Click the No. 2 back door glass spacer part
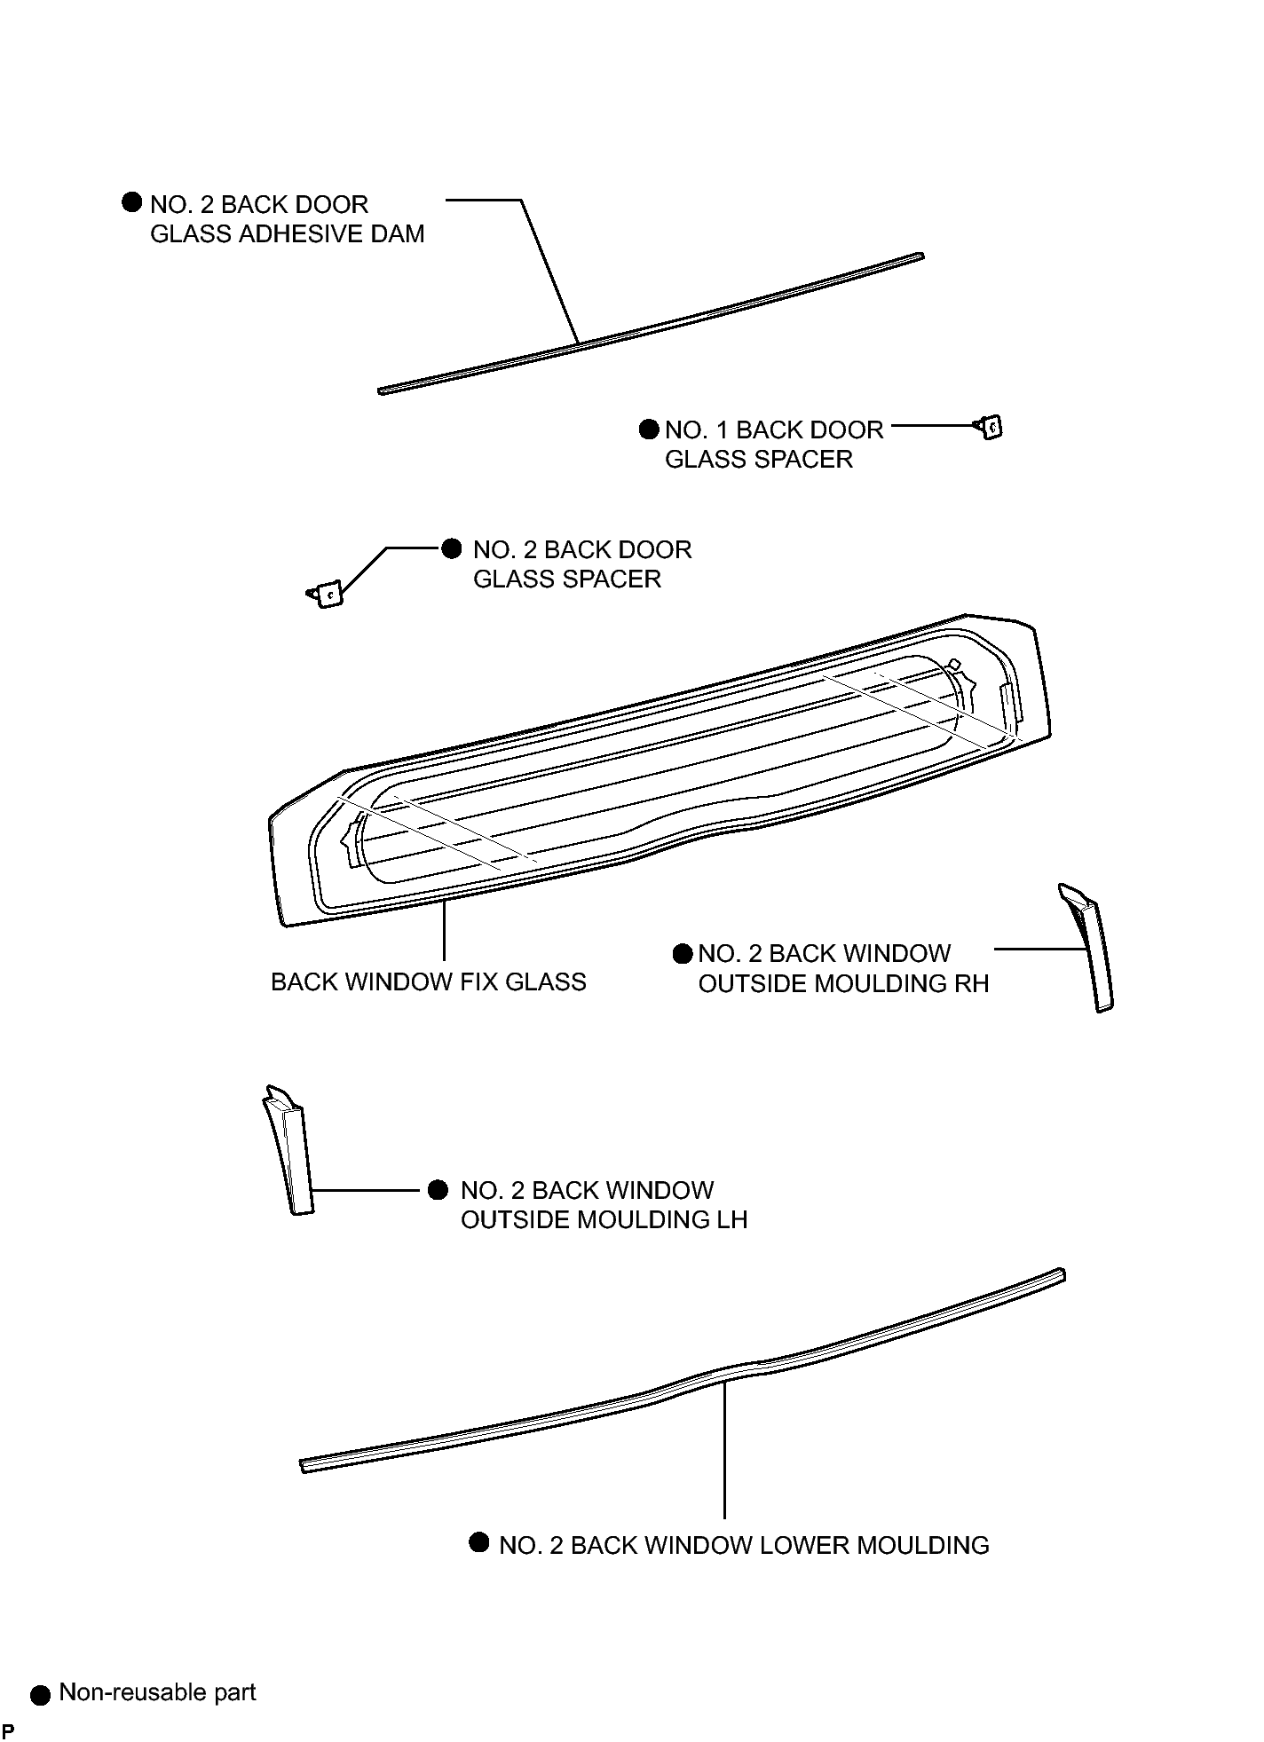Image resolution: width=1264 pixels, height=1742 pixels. point(326,594)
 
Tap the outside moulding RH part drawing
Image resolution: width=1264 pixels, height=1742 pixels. point(1088,947)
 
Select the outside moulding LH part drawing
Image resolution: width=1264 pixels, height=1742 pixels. point(288,1149)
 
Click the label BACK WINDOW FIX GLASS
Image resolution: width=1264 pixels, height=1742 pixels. point(428,982)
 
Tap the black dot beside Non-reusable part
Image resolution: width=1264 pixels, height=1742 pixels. point(40,1696)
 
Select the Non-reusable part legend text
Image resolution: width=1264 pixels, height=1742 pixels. point(157,1692)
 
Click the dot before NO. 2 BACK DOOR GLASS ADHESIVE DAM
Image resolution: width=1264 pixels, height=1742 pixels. point(131,202)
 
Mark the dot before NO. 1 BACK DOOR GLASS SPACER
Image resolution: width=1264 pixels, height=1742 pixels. point(649,430)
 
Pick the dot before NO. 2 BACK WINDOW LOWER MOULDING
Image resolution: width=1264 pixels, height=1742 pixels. point(479,1542)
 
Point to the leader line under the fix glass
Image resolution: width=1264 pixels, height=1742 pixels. point(443,929)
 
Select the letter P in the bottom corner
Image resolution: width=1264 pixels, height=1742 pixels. point(8,1730)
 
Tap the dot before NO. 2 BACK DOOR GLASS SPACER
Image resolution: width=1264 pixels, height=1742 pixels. point(452,548)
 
